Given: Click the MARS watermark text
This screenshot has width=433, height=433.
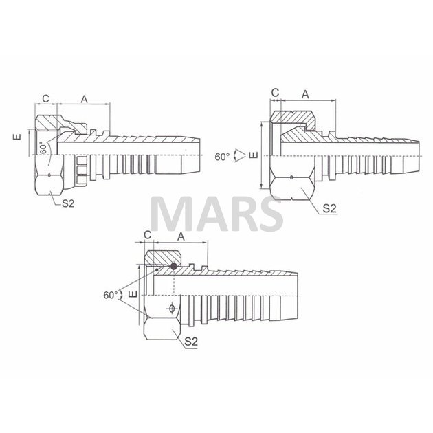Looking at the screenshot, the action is (x=216, y=214).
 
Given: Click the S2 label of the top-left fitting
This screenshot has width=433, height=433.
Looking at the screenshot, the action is (x=68, y=203).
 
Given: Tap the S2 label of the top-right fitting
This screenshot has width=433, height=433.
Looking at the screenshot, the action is (x=330, y=209).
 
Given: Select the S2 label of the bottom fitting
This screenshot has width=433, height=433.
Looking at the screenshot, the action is (x=191, y=342).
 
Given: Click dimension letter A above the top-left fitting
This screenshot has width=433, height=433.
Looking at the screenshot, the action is (x=85, y=99).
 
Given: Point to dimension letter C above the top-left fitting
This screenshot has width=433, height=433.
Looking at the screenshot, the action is (x=45, y=98).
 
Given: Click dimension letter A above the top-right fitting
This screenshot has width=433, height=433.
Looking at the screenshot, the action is (x=305, y=95).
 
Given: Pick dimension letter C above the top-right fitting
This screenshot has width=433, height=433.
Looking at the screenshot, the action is (x=276, y=93).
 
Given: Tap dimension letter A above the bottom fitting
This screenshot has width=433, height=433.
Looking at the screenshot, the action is (x=181, y=236).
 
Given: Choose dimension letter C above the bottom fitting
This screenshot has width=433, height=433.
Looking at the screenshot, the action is (x=148, y=235).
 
